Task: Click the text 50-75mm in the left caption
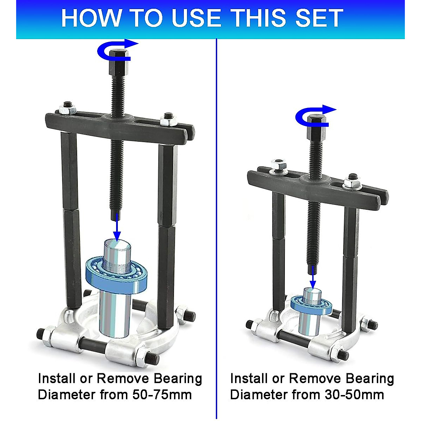click(x=162, y=395)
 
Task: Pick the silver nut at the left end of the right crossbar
click(x=279, y=165)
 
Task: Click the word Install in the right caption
click(x=249, y=379)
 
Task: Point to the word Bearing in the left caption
click(x=178, y=379)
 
